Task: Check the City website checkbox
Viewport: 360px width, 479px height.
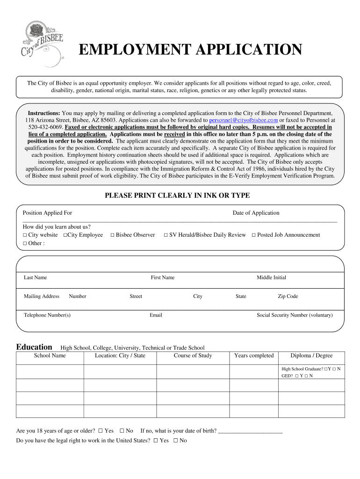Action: click(25, 235)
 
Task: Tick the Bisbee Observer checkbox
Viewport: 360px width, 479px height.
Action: click(113, 235)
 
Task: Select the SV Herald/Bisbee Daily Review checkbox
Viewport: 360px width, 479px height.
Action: click(166, 235)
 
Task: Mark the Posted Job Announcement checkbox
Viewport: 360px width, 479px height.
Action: click(254, 235)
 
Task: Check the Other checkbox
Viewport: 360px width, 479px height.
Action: click(25, 244)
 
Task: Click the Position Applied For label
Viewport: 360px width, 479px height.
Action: click(47, 213)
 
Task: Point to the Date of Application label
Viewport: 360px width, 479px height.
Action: click(256, 213)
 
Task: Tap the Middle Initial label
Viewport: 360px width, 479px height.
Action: click(271, 277)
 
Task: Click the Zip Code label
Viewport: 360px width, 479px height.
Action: click(288, 296)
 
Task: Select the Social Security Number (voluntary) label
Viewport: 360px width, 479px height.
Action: click(295, 315)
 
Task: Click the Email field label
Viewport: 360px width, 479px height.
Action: click(156, 315)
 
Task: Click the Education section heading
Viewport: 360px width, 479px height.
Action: click(34, 347)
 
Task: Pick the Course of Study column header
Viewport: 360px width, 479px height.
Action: click(193, 356)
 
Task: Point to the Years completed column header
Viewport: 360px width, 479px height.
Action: click(254, 356)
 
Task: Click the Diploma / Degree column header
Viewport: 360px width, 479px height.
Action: click(311, 356)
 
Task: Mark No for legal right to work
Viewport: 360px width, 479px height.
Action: click(176, 441)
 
